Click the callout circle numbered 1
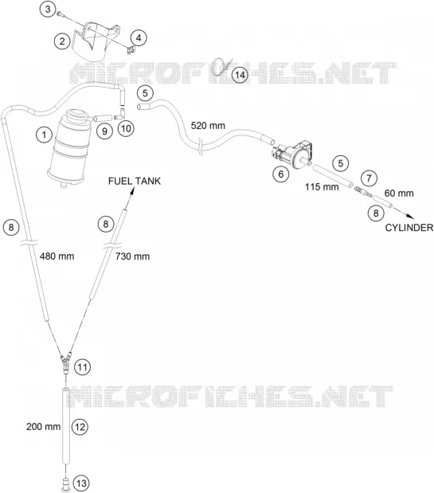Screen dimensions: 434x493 [44, 135]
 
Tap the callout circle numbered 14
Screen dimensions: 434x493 [240, 75]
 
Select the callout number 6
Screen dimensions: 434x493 [280, 174]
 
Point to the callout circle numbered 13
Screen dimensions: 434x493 [81, 483]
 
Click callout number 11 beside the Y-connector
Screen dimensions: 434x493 [82, 367]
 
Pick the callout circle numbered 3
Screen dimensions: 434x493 [48, 9]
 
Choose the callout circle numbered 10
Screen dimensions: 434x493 [126, 128]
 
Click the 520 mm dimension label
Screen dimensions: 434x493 [208, 126]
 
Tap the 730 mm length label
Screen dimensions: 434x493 [132, 256]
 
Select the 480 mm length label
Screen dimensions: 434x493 [57, 256]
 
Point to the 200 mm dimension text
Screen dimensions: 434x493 [43, 427]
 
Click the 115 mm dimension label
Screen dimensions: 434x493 [322, 187]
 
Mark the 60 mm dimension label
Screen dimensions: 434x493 [399, 193]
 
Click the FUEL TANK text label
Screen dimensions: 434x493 [135, 181]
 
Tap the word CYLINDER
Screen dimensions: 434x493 [409, 228]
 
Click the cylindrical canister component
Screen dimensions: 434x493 [68, 148]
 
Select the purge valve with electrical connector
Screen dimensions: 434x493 [292, 154]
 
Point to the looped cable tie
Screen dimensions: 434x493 [221, 67]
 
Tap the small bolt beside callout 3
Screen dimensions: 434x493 [61, 14]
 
